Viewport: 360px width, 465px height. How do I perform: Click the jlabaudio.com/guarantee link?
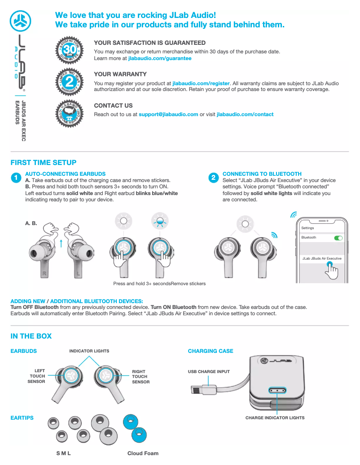coord(160,58)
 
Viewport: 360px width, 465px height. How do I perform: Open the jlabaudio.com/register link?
coord(201,83)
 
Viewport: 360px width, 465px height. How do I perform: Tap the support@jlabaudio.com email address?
coord(168,114)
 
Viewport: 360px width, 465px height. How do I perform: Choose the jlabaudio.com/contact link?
coord(245,114)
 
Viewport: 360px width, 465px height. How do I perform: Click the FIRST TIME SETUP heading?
coord(44,163)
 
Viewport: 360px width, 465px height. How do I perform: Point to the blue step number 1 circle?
coord(16,178)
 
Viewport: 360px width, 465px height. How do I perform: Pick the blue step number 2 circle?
coord(214,178)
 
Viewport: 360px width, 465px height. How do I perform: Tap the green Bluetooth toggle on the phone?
coord(338,238)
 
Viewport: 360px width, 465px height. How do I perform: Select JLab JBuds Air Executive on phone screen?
coord(321,259)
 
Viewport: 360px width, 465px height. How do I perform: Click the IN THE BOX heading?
coord(31,336)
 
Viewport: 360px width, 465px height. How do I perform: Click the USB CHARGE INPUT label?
coord(209,372)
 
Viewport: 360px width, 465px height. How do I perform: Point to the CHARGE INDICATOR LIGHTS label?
coord(275,418)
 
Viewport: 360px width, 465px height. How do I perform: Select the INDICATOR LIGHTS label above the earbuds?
coord(89,351)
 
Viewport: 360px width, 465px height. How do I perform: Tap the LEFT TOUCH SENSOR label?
coord(37,376)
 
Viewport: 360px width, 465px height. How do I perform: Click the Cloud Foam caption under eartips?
coord(143,453)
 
